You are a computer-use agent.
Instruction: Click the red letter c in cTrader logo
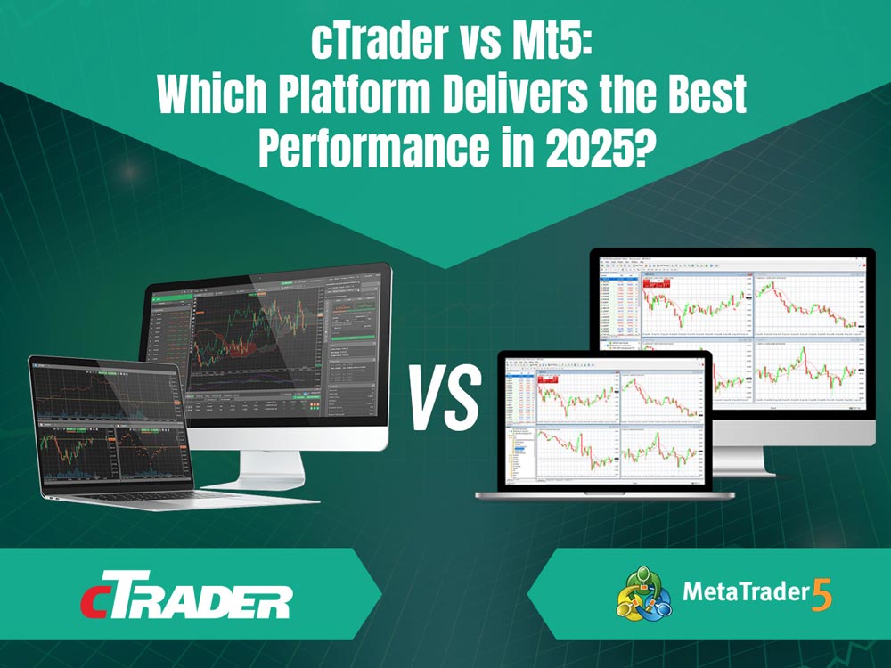(x=96, y=602)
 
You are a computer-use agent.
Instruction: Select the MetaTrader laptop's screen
(x=605, y=419)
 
